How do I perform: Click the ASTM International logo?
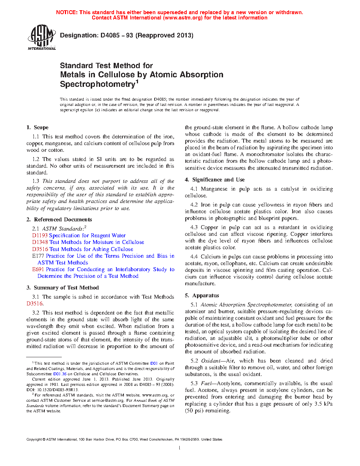[41, 37]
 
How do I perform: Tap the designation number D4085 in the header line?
[110, 35]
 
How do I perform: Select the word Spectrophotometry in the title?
[98, 84]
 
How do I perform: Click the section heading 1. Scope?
[37, 127]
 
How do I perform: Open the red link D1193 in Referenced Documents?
[40, 235]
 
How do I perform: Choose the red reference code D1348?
[40, 242]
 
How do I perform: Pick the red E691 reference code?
[38, 269]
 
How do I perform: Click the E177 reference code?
[38, 256]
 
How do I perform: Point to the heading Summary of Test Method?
[66, 288]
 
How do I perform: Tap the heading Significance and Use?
[218, 180]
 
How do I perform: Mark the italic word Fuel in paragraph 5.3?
[206, 383]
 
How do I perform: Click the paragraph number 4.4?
[194, 257]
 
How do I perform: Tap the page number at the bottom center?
[180, 448]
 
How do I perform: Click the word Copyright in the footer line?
[34, 440]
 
